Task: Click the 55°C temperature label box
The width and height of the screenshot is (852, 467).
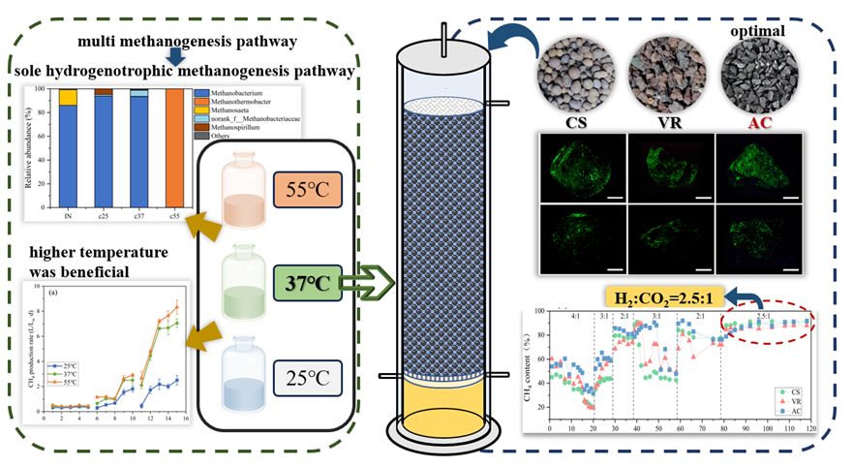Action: coord(306,192)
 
